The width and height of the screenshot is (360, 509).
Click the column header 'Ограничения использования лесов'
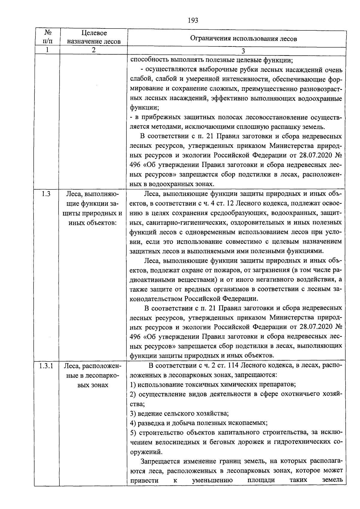244,38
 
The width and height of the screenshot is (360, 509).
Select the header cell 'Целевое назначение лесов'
94,37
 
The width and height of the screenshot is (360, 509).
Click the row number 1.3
46,194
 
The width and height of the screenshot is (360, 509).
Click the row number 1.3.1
46,366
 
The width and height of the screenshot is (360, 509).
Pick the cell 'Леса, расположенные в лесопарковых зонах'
93,375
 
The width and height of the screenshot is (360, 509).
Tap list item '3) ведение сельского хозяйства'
179,413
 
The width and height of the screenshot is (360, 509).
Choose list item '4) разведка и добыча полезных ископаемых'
199,423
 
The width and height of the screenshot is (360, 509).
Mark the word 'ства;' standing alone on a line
137,404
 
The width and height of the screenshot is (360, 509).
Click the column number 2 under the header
94,50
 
